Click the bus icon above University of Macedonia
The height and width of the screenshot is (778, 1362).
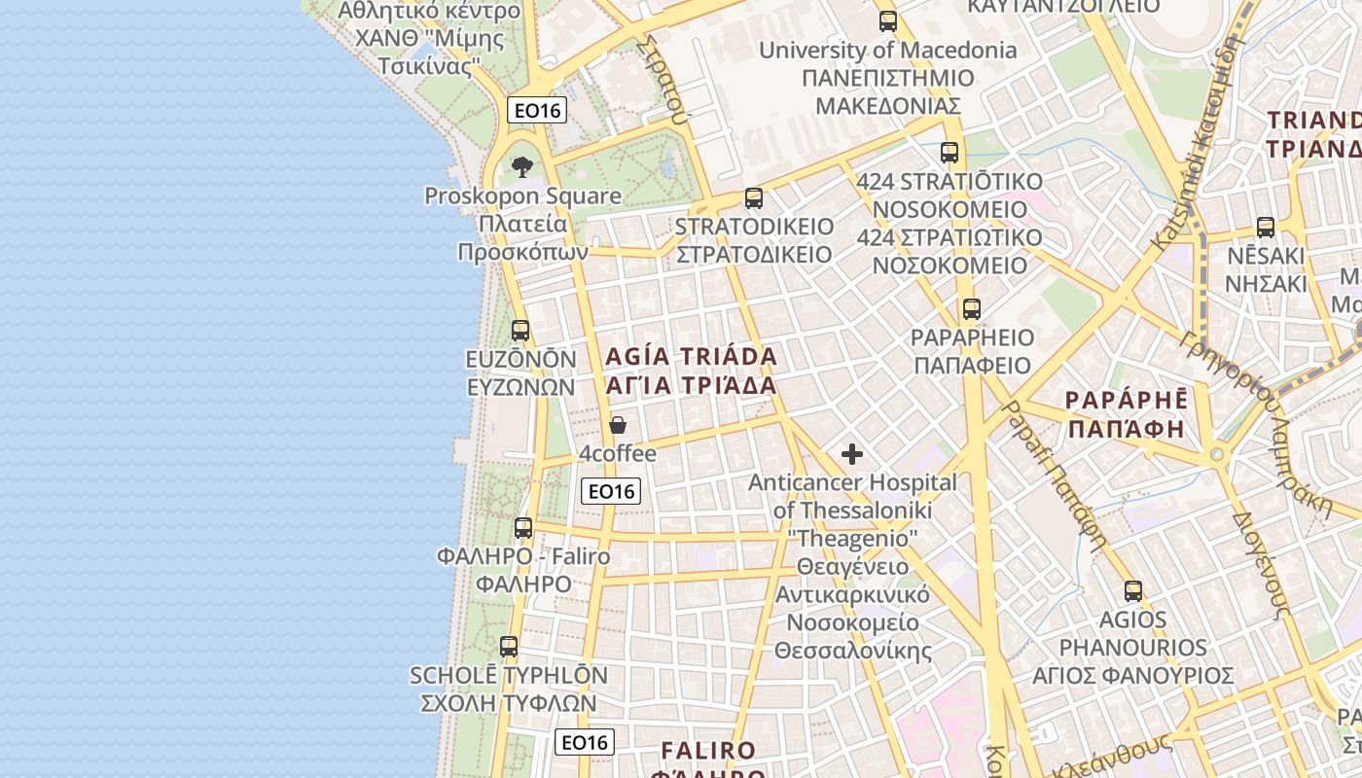[887, 20]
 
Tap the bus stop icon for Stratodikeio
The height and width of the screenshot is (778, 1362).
[753, 198]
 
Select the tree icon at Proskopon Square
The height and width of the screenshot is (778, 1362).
[522, 166]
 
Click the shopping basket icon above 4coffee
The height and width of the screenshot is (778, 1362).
[617, 425]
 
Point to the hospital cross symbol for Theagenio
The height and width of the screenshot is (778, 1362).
[852, 454]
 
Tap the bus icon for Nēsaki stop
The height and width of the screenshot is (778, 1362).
[1265, 228]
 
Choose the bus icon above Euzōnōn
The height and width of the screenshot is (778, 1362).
[520, 331]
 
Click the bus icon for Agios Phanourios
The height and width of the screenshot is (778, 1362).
[1132, 590]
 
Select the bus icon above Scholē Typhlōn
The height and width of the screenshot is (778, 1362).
[508, 646]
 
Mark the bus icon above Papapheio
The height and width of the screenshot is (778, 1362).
[971, 309]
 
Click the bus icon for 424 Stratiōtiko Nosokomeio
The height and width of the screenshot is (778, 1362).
[950, 153]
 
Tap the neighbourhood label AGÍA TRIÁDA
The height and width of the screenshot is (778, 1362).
[692, 356]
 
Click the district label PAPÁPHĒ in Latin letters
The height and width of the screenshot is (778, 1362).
[1127, 400]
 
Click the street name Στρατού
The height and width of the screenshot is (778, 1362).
[665, 82]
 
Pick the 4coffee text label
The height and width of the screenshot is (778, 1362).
[618, 454]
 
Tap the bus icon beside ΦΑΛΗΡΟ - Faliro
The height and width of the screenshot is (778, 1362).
[523, 528]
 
